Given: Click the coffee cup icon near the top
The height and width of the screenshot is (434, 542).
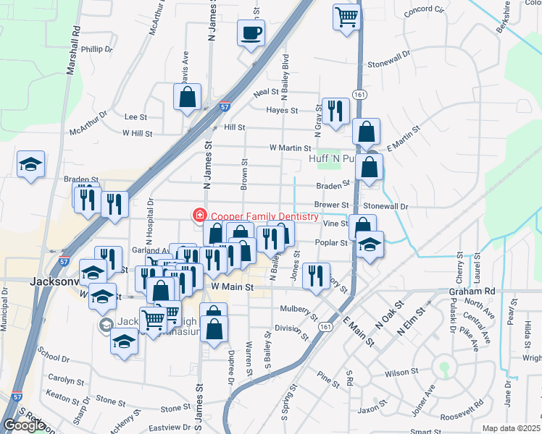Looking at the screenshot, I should coord(251,33).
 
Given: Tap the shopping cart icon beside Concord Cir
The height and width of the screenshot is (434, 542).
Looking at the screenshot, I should coord(347,17).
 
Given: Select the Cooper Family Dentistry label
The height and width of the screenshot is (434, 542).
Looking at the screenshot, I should coord(264,216).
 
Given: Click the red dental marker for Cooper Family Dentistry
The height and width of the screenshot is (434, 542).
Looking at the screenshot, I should coord(197,215).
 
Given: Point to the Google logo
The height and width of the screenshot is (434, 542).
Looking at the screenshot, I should coord(23,425).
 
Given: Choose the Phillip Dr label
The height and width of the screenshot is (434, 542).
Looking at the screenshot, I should coord(97,50).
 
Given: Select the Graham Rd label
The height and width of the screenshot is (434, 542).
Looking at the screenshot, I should coord(471,292).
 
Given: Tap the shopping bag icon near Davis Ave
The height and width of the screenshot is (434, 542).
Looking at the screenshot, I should coord(187,98).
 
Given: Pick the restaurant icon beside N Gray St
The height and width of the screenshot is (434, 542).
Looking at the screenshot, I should coord(335,111).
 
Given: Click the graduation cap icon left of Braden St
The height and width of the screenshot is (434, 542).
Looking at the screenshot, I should coord(31,164).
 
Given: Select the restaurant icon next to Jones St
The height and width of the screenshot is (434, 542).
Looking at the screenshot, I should coord(315,276).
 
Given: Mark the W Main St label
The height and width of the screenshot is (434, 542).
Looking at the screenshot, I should coord(232,287).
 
